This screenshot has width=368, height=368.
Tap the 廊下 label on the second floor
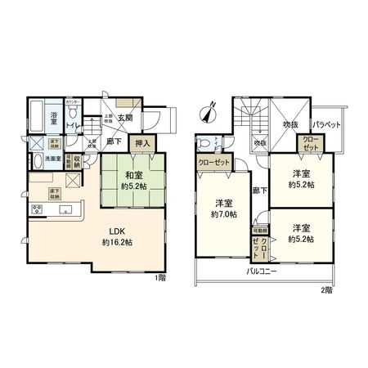(258, 190)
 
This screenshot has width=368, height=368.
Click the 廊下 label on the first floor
(114, 141)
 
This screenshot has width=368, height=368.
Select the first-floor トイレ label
(71, 125)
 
